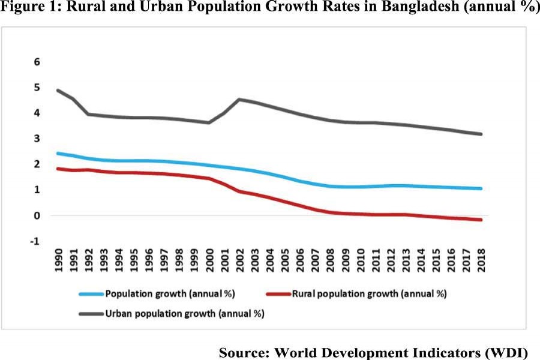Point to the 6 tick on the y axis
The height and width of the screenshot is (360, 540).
pyautogui.click(x=37, y=62)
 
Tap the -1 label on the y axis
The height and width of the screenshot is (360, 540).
pyautogui.click(x=35, y=241)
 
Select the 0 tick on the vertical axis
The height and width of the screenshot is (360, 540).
pyautogui.click(x=37, y=215)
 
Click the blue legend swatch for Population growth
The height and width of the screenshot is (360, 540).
pyautogui.click(x=91, y=294)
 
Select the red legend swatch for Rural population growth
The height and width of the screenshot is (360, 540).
pyautogui.click(x=277, y=294)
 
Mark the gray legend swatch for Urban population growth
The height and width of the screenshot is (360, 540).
pyautogui.click(x=91, y=314)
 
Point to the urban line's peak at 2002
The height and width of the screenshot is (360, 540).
pyautogui.click(x=240, y=100)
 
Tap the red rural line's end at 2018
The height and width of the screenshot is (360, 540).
pyautogui.click(x=481, y=220)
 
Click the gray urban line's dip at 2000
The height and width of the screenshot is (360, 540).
pyautogui.click(x=209, y=122)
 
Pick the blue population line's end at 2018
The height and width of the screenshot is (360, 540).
pyautogui.click(x=481, y=188)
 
